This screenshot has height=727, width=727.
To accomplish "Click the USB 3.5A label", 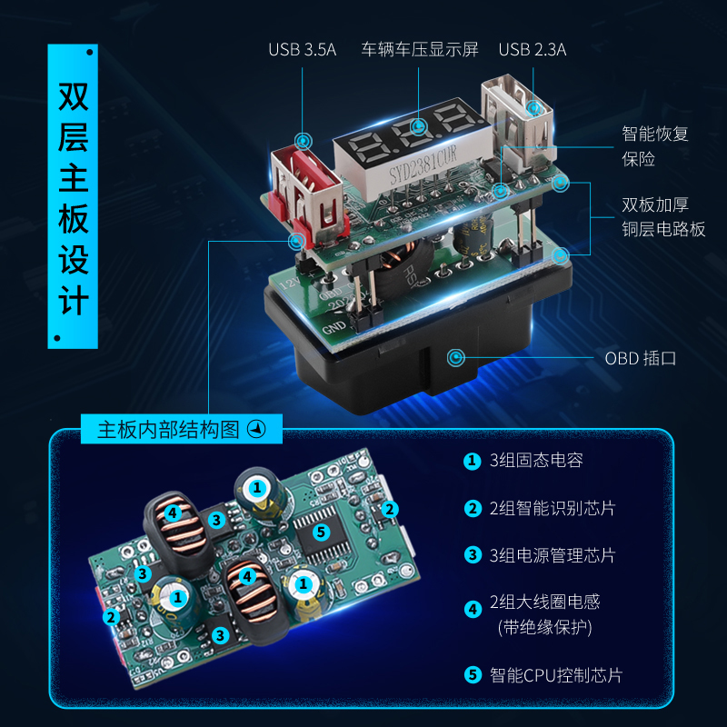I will [302, 49].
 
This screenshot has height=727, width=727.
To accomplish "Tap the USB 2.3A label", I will [532, 49].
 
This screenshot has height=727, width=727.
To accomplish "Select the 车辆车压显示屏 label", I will [419, 49].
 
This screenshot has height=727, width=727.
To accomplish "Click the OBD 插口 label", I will [641, 358].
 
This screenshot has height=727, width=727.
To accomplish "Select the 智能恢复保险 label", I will [655, 145].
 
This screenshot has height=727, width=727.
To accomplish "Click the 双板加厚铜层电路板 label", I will [662, 217].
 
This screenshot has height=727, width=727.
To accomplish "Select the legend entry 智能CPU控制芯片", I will [556, 675].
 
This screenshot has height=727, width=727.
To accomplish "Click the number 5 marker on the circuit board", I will [320, 532].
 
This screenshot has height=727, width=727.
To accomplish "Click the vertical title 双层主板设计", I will [73, 200].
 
